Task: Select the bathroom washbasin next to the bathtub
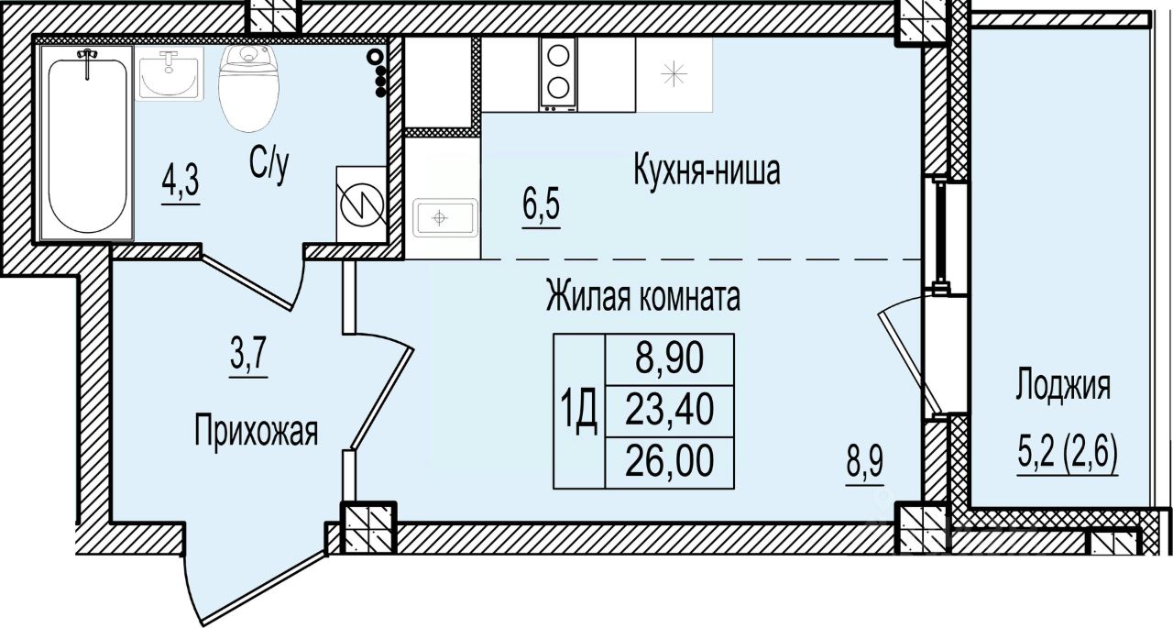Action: pos(167,74)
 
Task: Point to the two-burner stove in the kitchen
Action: pos(558,72)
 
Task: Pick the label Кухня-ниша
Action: pos(707,171)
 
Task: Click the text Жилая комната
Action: pos(642,297)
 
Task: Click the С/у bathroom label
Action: pos(270,165)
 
